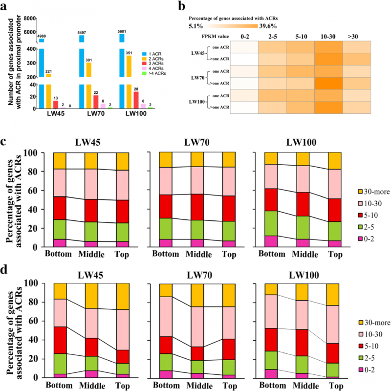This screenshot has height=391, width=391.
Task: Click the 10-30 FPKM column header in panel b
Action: pos(327,35)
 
